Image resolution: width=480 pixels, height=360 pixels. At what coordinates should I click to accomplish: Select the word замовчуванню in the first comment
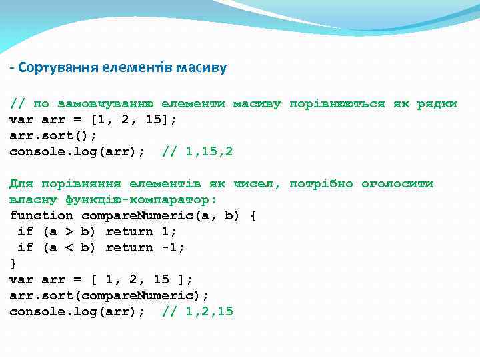click(x=106, y=104)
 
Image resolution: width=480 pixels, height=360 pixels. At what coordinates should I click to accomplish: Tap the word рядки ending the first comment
click(x=437, y=104)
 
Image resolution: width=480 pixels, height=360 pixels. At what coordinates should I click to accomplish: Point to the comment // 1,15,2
click(x=197, y=152)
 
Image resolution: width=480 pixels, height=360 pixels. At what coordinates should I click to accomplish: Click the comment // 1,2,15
click(x=197, y=312)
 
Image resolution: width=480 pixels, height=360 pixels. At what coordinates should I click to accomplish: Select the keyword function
click(x=41, y=216)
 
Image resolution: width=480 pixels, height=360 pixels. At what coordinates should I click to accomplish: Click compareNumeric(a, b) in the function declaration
click(x=160, y=216)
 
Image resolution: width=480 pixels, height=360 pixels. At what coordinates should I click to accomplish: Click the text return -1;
click(x=145, y=248)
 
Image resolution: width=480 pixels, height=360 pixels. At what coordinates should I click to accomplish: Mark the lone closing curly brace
click(x=13, y=264)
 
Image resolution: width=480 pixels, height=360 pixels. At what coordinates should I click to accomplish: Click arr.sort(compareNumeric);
click(x=109, y=296)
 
